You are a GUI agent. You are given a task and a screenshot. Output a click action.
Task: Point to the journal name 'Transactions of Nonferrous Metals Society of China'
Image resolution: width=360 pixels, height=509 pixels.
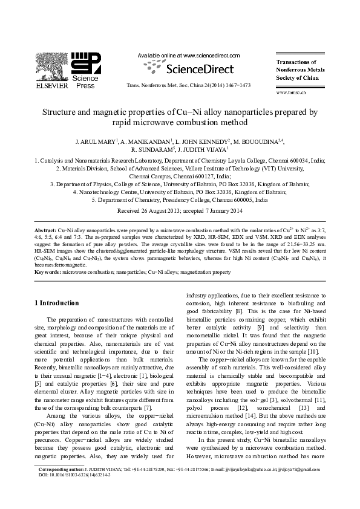300,70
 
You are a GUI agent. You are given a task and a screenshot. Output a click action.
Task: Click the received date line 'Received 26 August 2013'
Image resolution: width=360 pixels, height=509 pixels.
145,211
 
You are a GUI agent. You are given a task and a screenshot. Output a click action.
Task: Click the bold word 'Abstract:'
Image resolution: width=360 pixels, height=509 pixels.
45,231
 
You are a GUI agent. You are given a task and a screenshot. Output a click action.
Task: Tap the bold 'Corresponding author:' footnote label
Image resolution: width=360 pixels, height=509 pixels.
61,485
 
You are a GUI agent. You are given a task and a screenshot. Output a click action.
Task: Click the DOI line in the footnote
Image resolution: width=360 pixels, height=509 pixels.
74,491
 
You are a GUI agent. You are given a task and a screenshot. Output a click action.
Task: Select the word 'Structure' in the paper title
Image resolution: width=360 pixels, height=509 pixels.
57,112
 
